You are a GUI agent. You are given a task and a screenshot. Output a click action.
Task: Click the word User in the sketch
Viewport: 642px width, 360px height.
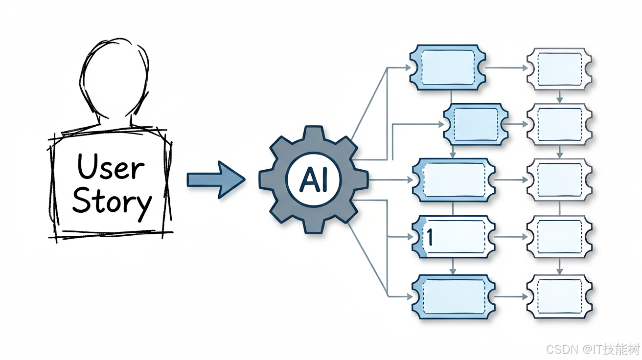pyautogui.click(x=111, y=166)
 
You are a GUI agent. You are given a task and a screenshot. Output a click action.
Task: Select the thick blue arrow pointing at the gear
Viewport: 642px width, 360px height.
pyautogui.click(x=216, y=180)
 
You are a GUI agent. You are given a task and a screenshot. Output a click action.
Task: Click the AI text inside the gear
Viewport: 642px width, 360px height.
pyautogui.click(x=313, y=180)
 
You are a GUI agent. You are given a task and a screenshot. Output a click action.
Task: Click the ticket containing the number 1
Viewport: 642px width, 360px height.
pyautogui.click(x=454, y=237)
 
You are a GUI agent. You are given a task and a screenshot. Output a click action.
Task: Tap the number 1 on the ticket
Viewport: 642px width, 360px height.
pyautogui.click(x=429, y=237)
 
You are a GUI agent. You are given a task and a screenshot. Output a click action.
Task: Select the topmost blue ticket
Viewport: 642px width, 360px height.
pyautogui.click(x=447, y=67)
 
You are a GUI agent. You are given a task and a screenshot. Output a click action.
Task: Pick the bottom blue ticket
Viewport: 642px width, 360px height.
pyautogui.click(x=454, y=297)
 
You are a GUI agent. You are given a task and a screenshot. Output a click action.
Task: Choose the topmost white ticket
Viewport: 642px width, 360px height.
pyautogui.click(x=559, y=69)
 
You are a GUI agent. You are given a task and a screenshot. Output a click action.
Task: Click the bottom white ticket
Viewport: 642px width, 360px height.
pyautogui.click(x=559, y=297)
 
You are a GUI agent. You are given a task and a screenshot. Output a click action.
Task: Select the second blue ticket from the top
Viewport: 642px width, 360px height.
pyautogui.click(x=476, y=124)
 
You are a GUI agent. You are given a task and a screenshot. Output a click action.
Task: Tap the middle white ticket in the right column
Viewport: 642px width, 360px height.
pyautogui.click(x=559, y=180)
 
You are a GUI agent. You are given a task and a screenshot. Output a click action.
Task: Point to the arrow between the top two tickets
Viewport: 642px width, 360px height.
pyautogui.click(x=506, y=68)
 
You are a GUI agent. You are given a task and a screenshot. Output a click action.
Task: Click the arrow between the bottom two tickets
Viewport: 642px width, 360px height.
pyautogui.click(x=511, y=297)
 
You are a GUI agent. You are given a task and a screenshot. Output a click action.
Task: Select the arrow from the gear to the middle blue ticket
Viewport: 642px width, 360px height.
pyautogui.click(x=390, y=180)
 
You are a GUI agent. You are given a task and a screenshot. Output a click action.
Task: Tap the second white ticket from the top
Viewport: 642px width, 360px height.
pyautogui.click(x=559, y=124)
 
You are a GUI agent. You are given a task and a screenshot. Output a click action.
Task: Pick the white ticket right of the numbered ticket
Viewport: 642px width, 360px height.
pyautogui.click(x=559, y=237)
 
